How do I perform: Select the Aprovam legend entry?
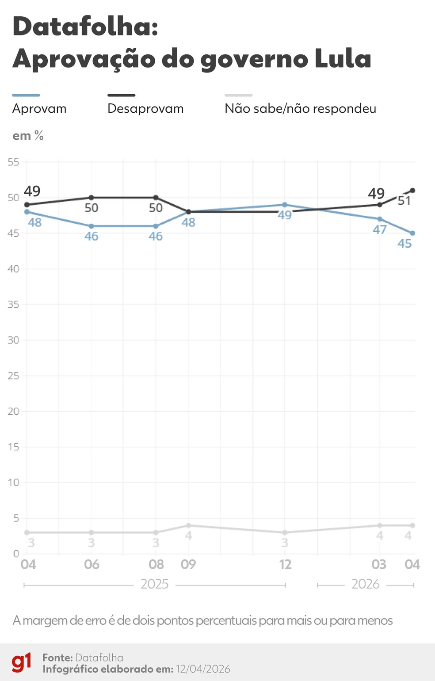(x=39, y=108)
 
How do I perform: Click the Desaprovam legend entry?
(x=145, y=108)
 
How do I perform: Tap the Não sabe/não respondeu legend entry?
(x=300, y=108)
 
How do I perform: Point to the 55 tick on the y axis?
(x=13, y=162)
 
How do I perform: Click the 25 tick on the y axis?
(x=13, y=376)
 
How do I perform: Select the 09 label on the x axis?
(x=188, y=564)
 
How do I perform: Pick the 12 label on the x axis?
(x=285, y=564)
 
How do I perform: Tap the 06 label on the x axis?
(x=92, y=564)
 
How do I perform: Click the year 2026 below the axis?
(x=365, y=584)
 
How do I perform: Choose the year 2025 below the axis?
(x=154, y=584)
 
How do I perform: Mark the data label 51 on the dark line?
(x=404, y=201)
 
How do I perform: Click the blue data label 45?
(x=404, y=243)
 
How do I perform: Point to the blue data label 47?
(x=379, y=230)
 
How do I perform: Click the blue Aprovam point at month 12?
(x=285, y=205)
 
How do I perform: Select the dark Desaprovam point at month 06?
(x=92, y=197)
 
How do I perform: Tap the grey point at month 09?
(x=188, y=525)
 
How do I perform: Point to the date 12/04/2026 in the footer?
(x=203, y=669)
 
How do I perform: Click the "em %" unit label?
(x=28, y=136)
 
